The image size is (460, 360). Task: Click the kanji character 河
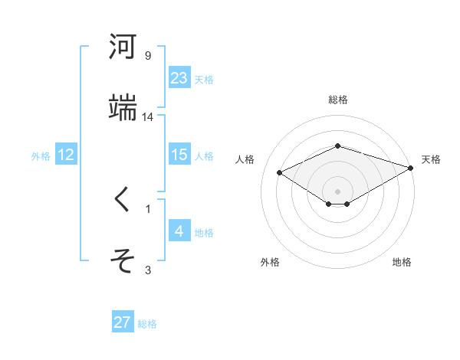tap(123, 47)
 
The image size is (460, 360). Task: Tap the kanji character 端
tap(123, 108)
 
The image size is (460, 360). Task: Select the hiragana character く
tap(123, 200)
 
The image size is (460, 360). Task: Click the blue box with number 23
tap(179, 77)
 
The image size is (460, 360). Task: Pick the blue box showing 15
tap(179, 155)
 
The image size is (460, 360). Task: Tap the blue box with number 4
tap(179, 231)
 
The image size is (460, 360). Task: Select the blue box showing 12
tap(66, 155)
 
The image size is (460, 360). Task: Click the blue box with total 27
tap(123, 322)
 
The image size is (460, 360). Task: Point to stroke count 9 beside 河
tap(148, 56)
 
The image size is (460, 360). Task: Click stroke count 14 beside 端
tap(148, 117)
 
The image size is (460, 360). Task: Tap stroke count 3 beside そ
tap(148, 270)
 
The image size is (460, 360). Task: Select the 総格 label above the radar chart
tap(338, 100)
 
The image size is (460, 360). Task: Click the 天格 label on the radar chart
tap(431, 159)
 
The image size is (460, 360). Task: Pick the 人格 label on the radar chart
tap(245, 159)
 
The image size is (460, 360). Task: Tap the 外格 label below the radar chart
tap(270, 262)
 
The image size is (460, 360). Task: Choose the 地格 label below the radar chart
tap(402, 262)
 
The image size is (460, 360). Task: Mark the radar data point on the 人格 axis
tap(280, 172)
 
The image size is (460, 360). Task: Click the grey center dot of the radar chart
tap(338, 191)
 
